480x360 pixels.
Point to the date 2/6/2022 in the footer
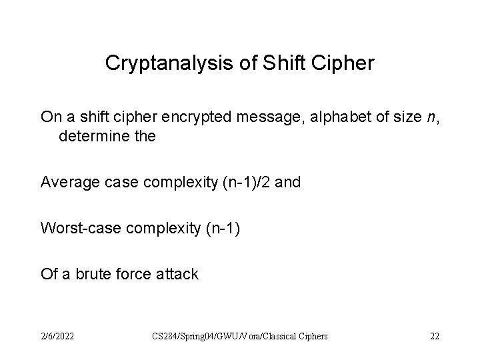(x=56, y=336)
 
